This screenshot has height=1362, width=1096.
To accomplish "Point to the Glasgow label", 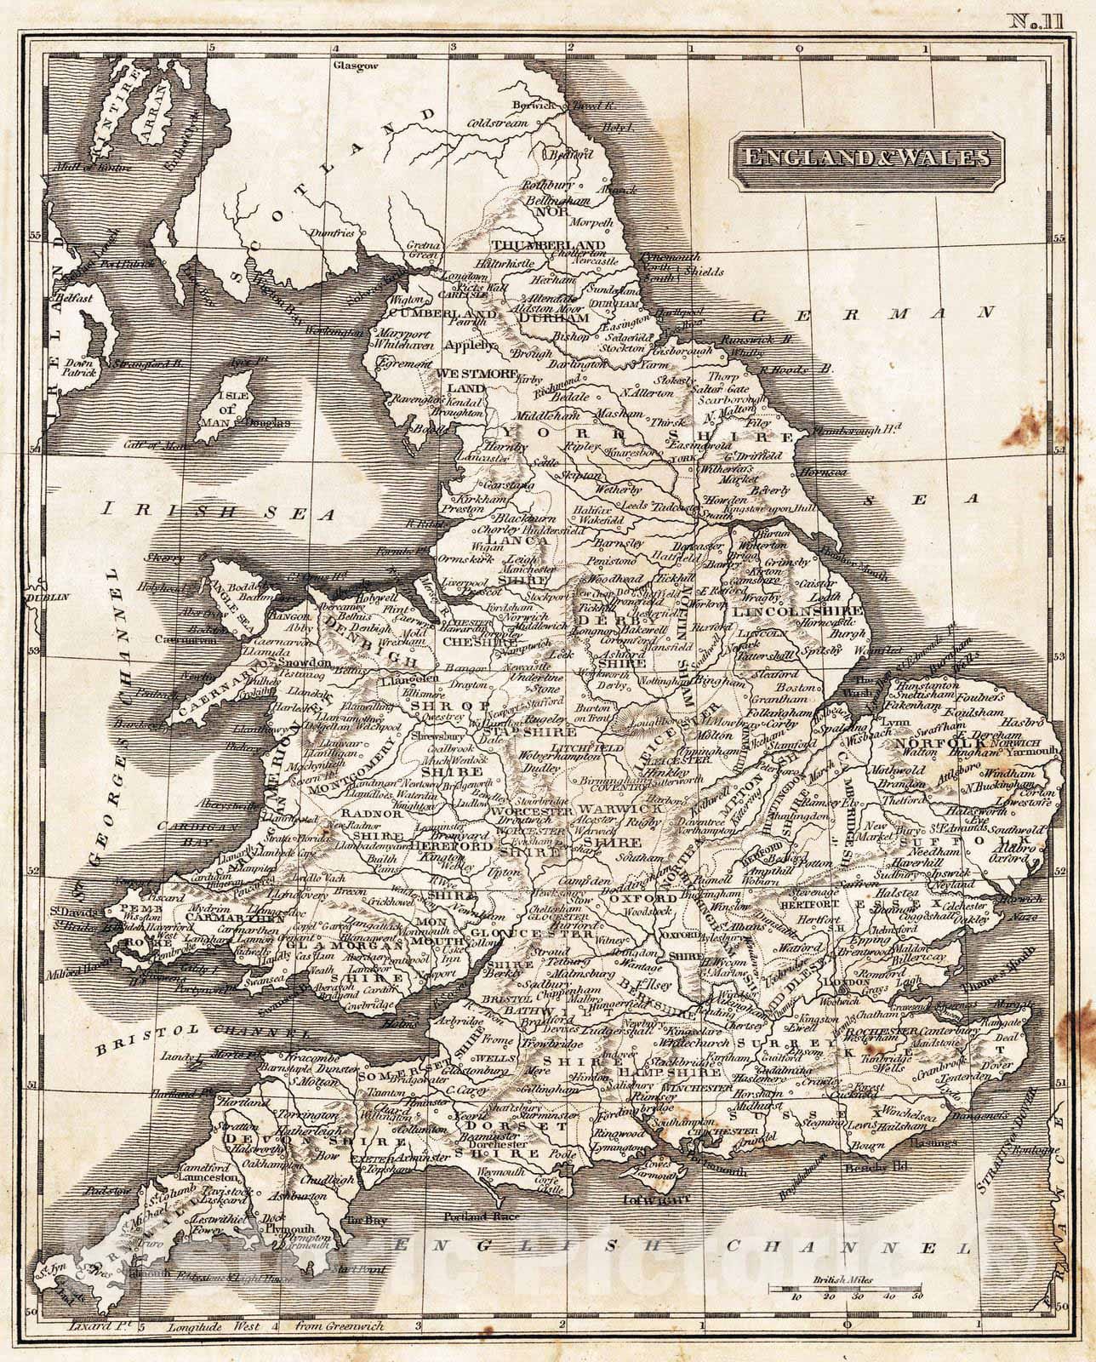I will (354, 65).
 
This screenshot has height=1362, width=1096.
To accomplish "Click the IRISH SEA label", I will (219, 510).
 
